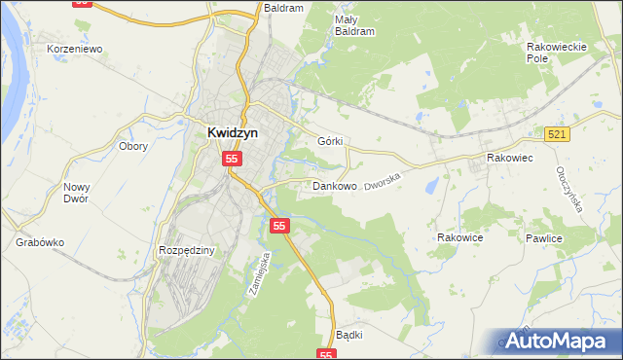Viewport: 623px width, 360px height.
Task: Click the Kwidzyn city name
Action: [231, 135]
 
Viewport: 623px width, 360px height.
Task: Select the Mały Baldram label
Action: [354, 25]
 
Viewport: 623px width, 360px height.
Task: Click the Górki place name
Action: [330, 140]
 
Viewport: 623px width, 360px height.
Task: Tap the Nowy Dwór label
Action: [75, 193]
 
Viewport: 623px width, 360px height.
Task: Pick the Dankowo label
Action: [334, 185]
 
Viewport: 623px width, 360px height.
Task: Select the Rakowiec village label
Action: [508, 156]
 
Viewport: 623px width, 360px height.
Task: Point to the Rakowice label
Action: [460, 236]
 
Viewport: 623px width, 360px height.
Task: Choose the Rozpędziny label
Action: [185, 250]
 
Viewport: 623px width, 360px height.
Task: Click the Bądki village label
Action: [348, 335]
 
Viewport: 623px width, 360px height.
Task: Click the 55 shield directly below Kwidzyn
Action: [232, 158]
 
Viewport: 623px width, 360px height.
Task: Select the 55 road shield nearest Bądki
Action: [327, 355]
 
